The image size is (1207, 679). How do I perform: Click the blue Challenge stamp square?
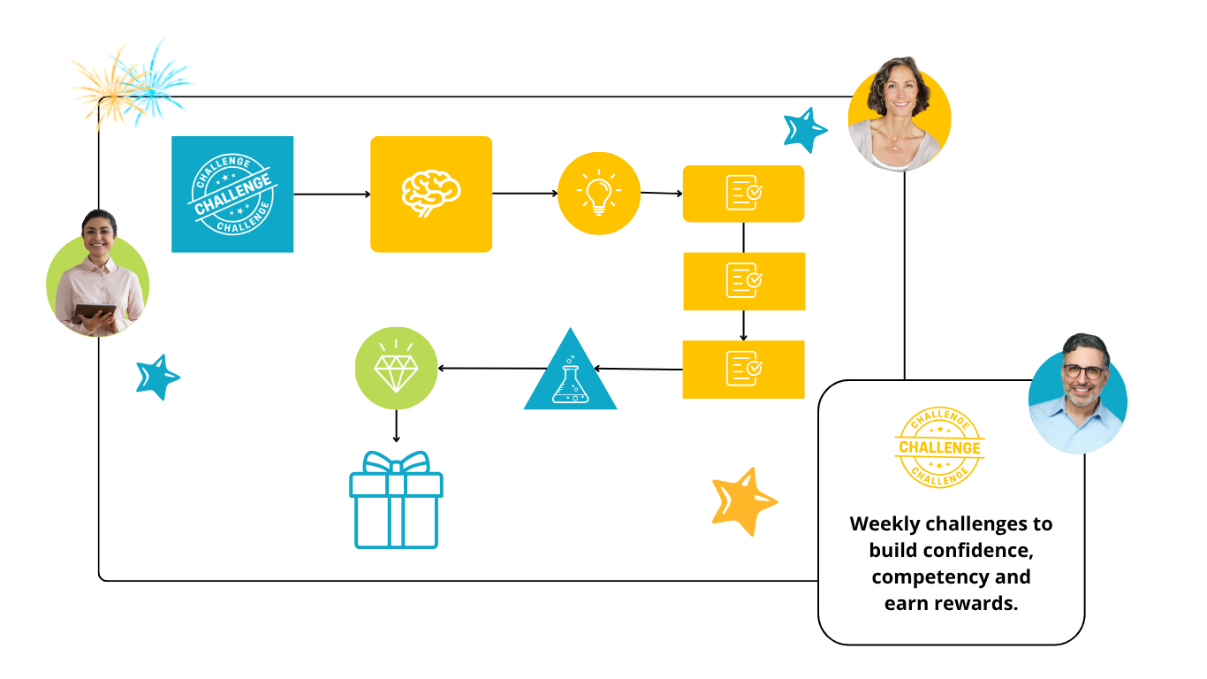pyautogui.click(x=232, y=195)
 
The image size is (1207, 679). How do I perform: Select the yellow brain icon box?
pyautogui.click(x=431, y=195)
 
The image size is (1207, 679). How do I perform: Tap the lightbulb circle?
pyautogui.click(x=599, y=194)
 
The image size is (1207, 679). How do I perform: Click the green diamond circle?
pyautogui.click(x=396, y=368)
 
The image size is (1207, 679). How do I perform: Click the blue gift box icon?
pyautogui.click(x=396, y=500)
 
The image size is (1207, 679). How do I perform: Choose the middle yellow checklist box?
pyautogui.click(x=744, y=281)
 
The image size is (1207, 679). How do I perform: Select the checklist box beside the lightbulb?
pyautogui.click(x=743, y=194)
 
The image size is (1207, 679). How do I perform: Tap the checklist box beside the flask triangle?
pyautogui.click(x=743, y=369)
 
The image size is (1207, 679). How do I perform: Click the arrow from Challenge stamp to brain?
pyautogui.click(x=331, y=194)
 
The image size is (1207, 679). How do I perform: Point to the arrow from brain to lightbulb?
pyautogui.click(x=525, y=194)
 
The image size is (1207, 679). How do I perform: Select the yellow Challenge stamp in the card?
pyautogui.click(x=939, y=447)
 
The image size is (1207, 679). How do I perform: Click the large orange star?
pyautogui.click(x=743, y=501)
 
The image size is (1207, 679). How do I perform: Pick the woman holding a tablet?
pyautogui.click(x=97, y=274)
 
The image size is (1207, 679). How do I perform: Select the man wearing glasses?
pyautogui.click(x=1078, y=393)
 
